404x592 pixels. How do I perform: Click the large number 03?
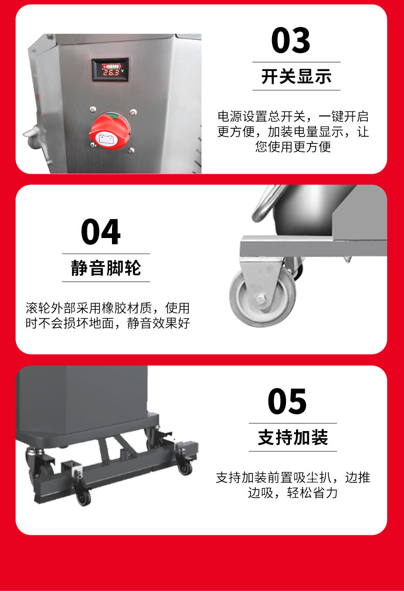click(x=290, y=40)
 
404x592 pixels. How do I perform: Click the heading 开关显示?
click(x=296, y=77)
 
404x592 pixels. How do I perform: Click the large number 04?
click(x=101, y=232)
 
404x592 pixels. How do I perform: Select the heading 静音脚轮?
click(x=106, y=268)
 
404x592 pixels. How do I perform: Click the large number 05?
click(x=287, y=401)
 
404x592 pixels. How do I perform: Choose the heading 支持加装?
click(x=293, y=438)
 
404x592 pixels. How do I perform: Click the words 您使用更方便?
click(x=293, y=147)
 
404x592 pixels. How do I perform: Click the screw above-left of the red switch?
click(x=93, y=109)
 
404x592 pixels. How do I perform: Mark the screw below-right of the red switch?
click(x=131, y=150)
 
